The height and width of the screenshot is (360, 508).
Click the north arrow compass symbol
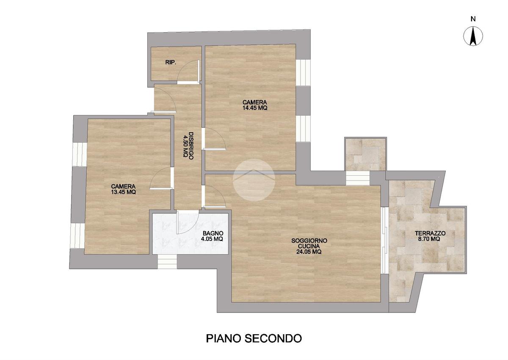473,36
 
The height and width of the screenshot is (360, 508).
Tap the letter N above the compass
473,19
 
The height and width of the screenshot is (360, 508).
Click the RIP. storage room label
171,62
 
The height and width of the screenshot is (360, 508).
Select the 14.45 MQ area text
255,108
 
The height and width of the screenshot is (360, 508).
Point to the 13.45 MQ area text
123,192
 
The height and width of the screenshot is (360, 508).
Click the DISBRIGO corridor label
191,146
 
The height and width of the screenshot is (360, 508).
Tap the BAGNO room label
213,233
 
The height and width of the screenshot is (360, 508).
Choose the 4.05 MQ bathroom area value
212,238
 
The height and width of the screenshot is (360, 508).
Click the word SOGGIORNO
309,241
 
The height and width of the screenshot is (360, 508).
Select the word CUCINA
309,246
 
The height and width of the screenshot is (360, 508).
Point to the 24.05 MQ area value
309,252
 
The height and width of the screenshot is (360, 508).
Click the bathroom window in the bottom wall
167,262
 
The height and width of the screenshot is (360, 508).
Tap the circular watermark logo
254,180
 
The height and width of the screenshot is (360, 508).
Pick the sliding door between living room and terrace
384,240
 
